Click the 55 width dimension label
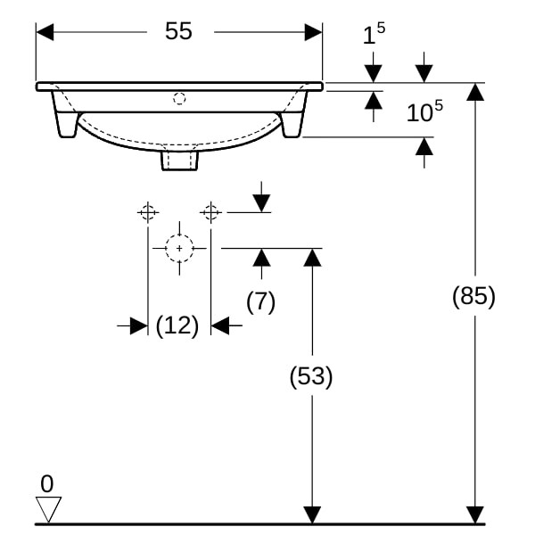tap(178, 31)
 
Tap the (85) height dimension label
tap(473, 296)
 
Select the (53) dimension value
tap(311, 376)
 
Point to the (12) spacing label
tap(177, 325)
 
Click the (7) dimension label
tap(260, 301)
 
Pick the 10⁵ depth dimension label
tap(424, 111)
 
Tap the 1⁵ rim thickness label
tap(374, 33)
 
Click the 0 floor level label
tap(47, 483)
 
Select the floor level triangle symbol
tap(48, 509)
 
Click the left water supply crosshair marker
tap(148, 212)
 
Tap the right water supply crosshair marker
tap(210, 212)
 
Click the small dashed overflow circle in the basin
tap(179, 99)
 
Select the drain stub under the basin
tap(179, 160)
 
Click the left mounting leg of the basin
tap(65, 115)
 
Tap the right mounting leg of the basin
tap(294, 115)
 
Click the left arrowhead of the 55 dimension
tap(45, 32)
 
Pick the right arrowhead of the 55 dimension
tap(314, 32)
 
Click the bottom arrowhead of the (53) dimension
tap(312, 514)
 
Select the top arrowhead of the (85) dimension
tap(475, 92)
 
